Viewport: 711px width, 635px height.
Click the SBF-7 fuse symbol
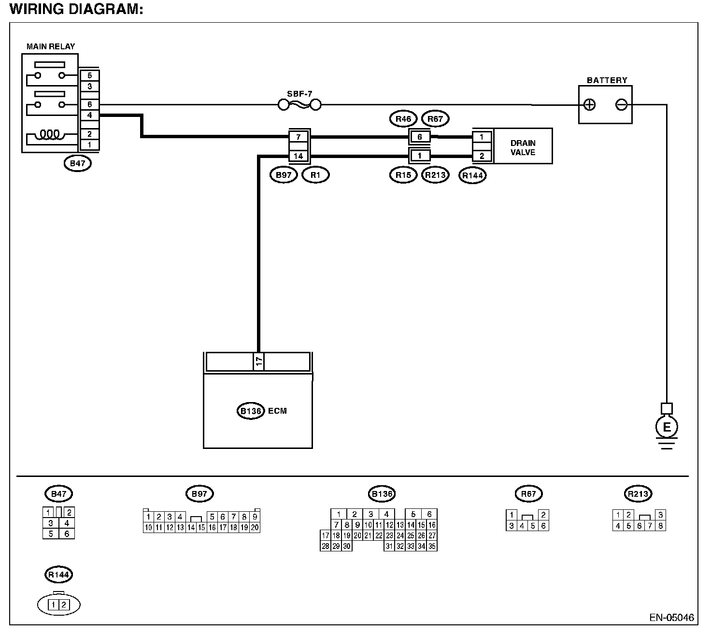(299, 105)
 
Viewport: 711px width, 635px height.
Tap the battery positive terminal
(589, 105)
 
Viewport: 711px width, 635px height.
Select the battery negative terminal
(621, 105)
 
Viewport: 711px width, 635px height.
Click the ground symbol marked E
(667, 427)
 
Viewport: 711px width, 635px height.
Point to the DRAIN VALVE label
(523, 147)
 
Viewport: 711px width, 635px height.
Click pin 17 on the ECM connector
(258, 361)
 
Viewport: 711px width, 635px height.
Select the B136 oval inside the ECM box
(251, 411)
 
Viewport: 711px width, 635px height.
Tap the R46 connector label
(403, 119)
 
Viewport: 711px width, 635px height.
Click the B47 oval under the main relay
(78, 163)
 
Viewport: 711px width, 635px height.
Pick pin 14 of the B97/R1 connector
(299, 156)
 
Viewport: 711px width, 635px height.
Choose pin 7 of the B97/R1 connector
(299, 137)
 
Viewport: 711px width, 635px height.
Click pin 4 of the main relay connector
(89, 115)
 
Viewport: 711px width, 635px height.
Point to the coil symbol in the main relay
(50, 134)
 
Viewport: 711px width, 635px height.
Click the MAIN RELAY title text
(51, 46)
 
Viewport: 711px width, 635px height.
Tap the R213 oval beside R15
(435, 175)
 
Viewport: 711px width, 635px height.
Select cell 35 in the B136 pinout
(432, 546)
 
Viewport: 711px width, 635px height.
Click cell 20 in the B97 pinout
(255, 528)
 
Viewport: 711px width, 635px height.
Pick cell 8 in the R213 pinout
(660, 526)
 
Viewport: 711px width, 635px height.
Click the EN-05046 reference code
(671, 617)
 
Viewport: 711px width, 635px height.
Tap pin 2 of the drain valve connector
(482, 156)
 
